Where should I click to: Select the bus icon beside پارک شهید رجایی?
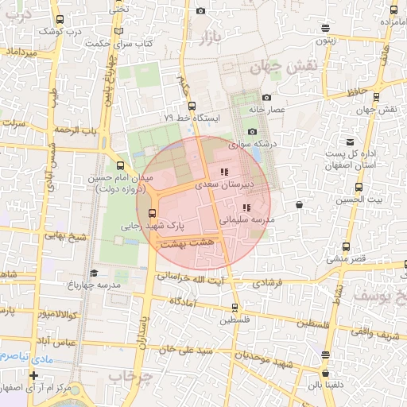(152, 212)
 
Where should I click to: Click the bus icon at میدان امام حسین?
(120, 165)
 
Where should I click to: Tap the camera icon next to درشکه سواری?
(252, 131)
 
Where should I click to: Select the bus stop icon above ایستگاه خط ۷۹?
(191, 106)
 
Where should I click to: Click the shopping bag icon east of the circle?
(298, 204)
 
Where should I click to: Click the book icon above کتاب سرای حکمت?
(119, 30)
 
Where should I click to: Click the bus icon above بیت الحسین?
(359, 188)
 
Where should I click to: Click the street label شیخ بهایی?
(65, 236)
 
